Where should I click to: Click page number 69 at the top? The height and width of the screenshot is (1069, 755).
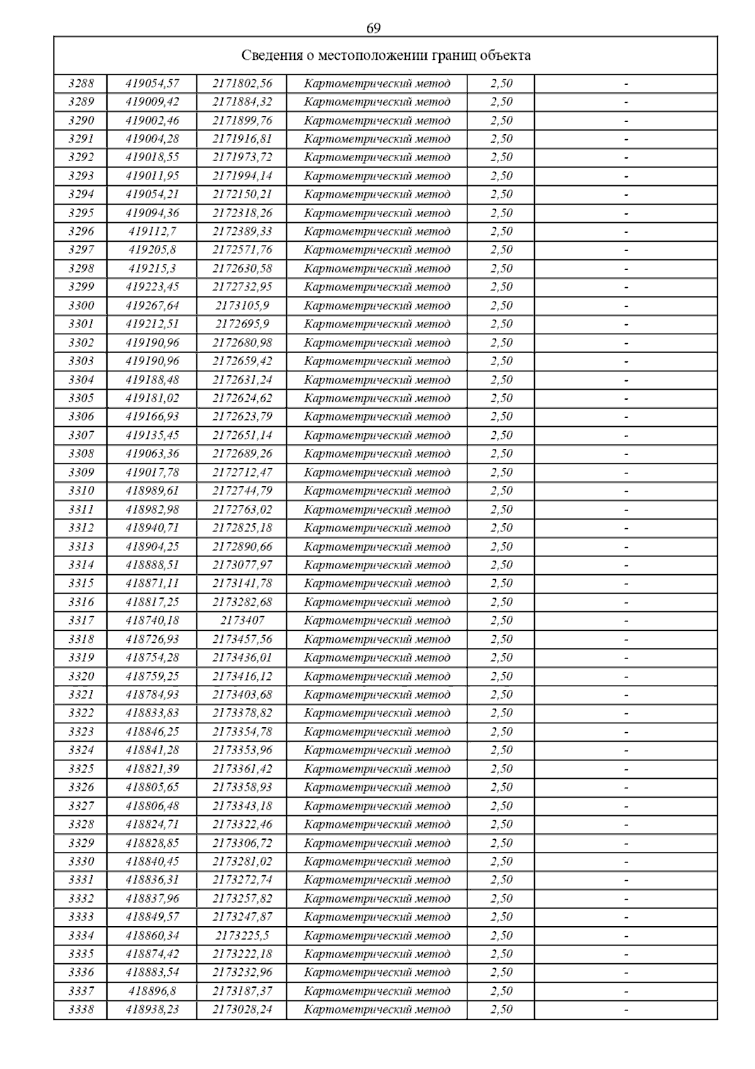pos(373,28)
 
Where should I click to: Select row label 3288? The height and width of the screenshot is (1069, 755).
pos(81,83)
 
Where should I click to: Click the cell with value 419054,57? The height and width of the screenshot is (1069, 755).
pos(152,83)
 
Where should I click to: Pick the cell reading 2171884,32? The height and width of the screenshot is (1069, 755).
pos(242,102)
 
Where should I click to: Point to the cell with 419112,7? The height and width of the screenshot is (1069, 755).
pos(152,232)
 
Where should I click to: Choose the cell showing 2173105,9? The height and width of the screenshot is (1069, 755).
pos(242,306)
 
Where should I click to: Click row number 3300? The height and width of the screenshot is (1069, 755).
pos(81,306)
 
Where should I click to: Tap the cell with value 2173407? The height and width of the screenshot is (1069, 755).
pos(242,621)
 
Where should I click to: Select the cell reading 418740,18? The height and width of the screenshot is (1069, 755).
pos(152,621)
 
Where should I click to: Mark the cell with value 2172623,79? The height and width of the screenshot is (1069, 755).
pos(242,417)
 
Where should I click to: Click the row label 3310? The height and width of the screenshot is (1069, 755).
pos(81,491)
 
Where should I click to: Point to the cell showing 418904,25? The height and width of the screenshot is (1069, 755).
pos(152,546)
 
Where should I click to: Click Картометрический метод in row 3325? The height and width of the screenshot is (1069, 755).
pos(377,769)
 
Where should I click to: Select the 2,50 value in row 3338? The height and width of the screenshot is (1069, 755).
pos(501,1010)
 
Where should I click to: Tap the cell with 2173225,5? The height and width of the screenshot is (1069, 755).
pos(242,936)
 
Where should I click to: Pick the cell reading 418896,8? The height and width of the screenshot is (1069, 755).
pos(152,991)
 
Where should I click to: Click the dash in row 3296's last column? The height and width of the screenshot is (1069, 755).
pos(626,232)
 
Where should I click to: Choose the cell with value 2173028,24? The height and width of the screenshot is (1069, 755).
pos(242,1010)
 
